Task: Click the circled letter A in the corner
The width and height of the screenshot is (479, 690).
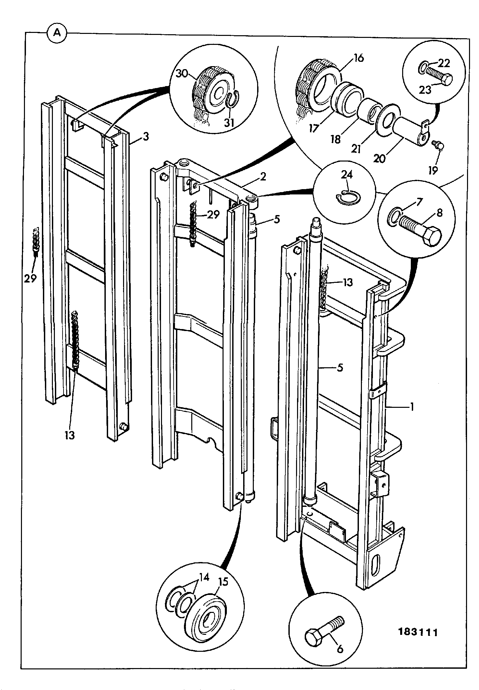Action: tap(57, 34)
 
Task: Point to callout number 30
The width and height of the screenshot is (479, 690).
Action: tap(182, 74)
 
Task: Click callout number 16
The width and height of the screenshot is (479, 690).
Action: tap(358, 58)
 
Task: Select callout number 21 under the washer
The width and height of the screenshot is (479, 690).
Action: tap(356, 149)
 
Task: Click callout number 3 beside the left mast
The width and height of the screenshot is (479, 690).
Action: tap(146, 137)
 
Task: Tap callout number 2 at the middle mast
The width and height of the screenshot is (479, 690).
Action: tap(263, 176)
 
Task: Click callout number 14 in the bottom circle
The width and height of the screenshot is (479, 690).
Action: tap(204, 577)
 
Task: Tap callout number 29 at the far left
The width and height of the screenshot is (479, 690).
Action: tap(30, 278)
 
